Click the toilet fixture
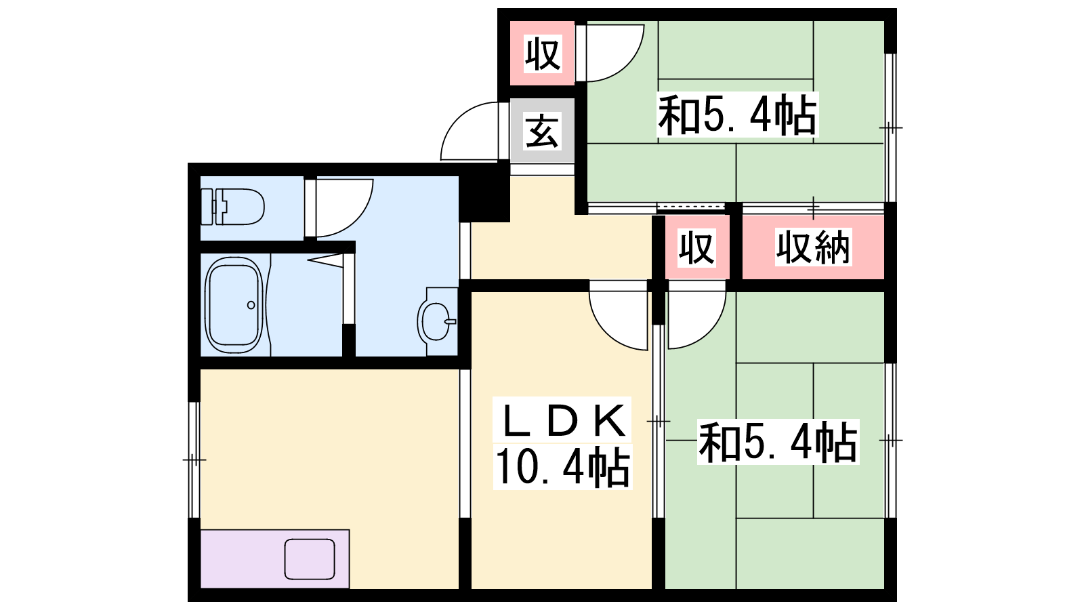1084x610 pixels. pos(232,207)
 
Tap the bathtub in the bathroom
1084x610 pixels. pos(234,305)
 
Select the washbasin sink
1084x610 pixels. pos(437,321)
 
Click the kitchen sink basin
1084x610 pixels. pos(310,559)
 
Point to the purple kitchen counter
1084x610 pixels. pos(275,559)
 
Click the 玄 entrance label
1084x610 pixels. pos(543,131)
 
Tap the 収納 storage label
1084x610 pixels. pos(813,247)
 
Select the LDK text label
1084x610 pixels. pos(563,420)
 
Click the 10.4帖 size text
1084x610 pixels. pos(563,467)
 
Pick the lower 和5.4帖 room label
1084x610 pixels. pos(778,441)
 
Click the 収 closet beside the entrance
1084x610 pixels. pos(543,54)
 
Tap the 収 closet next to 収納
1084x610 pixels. pos(696,247)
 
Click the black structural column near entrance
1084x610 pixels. pos(484,192)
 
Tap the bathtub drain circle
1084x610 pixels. pos(251,305)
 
